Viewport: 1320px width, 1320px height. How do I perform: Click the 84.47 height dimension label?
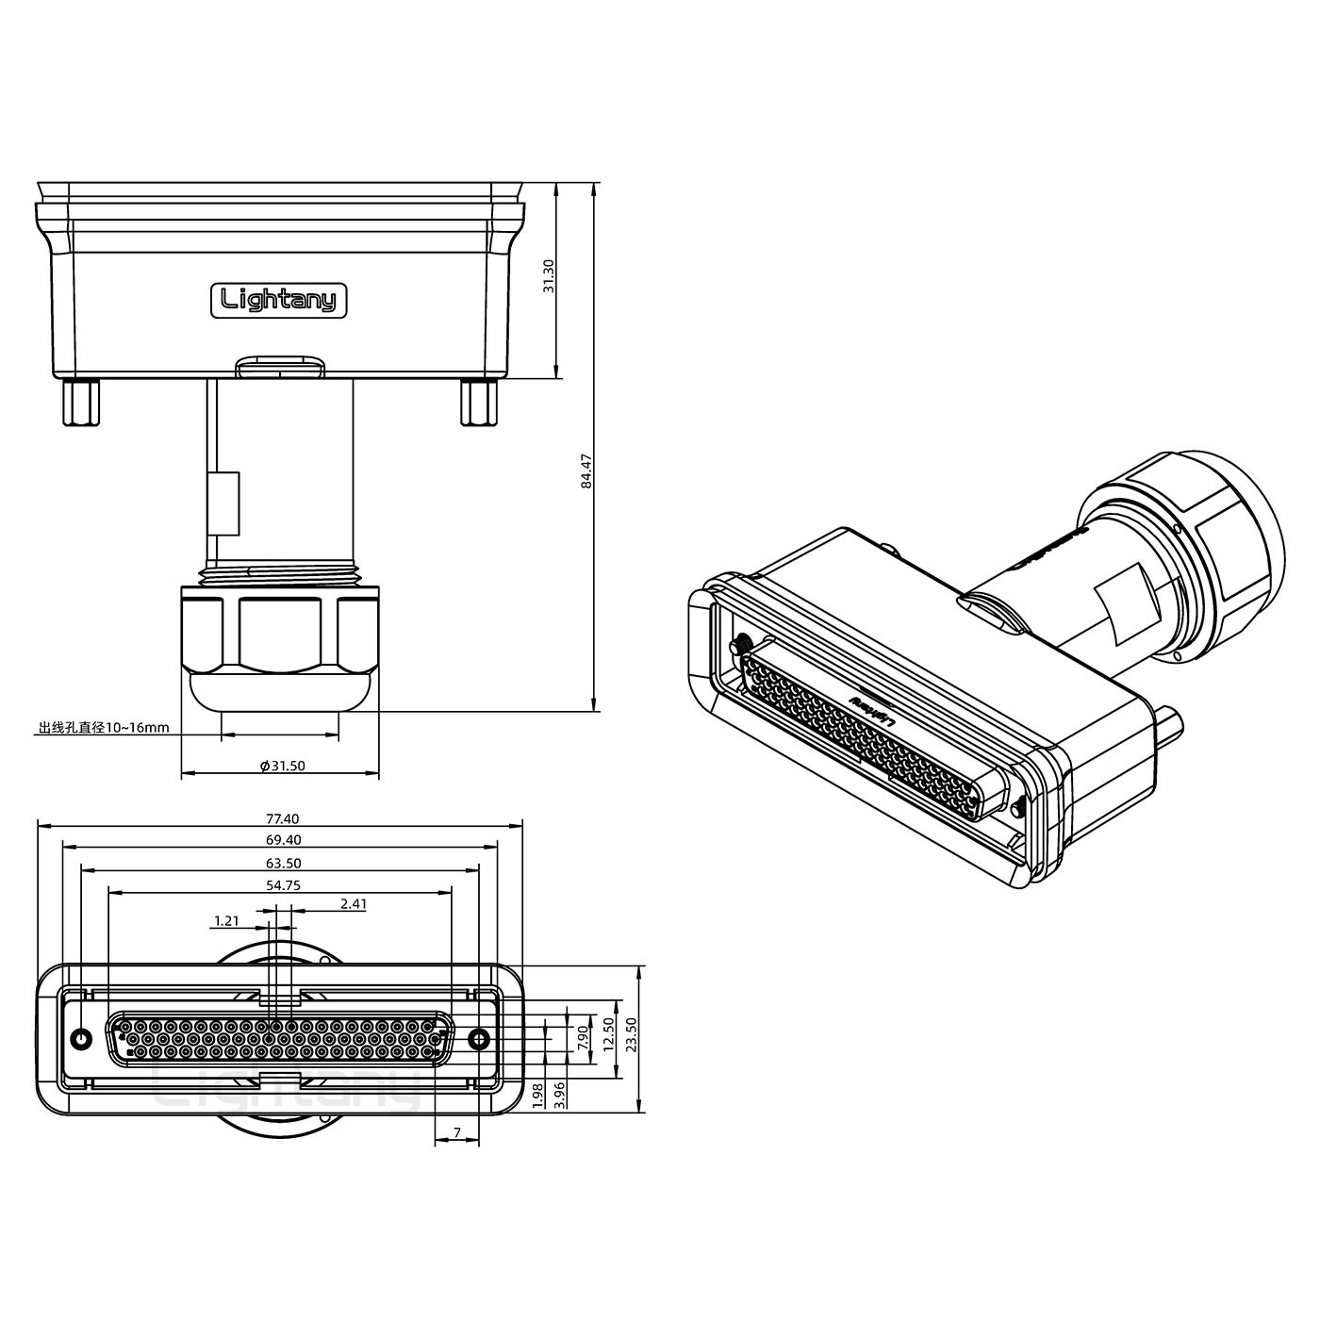586,471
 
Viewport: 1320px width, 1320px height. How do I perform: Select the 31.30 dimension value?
548,277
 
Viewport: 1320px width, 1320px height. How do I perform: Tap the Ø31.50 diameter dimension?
283,766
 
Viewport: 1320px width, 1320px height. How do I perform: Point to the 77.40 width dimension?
283,818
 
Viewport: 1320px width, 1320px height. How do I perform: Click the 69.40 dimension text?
283,840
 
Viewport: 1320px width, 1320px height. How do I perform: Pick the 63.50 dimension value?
283,863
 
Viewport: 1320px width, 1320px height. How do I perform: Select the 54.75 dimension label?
283,885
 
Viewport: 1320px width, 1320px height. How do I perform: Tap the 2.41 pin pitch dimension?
354,903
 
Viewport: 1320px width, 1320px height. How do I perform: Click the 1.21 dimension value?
226,920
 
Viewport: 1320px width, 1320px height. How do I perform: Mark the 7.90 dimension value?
583,1038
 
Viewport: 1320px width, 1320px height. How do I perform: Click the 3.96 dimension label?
559,1095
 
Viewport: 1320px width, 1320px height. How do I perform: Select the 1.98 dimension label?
537,1095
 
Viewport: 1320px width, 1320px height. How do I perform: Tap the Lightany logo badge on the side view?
278,300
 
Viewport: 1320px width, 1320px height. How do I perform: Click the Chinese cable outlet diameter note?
104,727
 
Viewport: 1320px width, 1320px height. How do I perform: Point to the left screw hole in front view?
82,1039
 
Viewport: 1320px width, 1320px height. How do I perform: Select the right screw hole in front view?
479,1039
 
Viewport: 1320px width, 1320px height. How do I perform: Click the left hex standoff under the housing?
81,403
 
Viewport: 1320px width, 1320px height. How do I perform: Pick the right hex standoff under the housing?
479,403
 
